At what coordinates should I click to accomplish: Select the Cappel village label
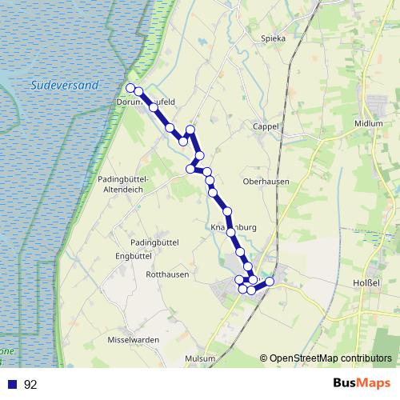(265, 126)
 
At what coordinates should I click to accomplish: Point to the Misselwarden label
(134, 340)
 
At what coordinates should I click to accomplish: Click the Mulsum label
(200, 359)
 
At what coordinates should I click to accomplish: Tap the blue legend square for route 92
(11, 384)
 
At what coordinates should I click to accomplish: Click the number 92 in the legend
(30, 385)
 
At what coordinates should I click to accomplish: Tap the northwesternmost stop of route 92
(130, 88)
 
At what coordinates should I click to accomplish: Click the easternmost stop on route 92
(270, 281)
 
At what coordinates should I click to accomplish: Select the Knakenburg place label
(233, 227)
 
